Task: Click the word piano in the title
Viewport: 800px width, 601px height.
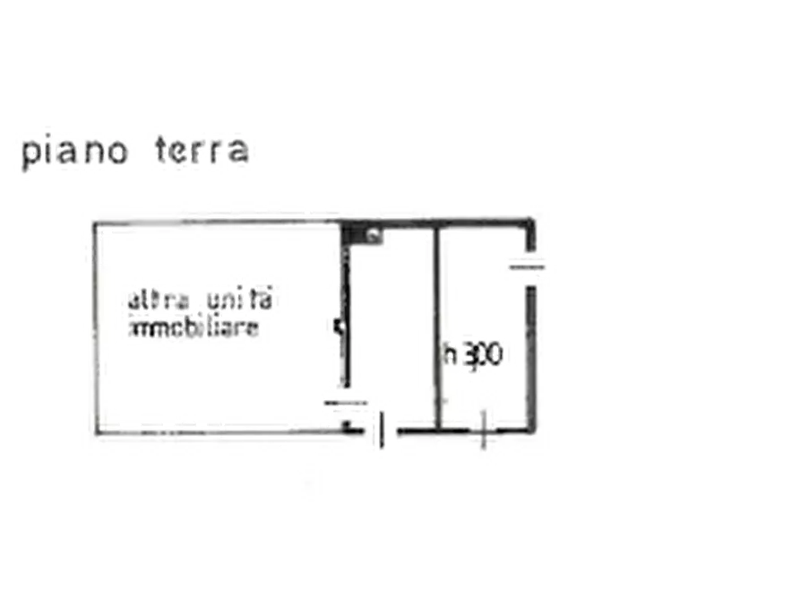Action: pos(73,154)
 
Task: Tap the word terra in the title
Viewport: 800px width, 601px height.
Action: pos(204,152)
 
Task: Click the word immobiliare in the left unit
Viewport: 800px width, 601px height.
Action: pos(195,328)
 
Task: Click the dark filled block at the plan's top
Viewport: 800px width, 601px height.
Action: pos(363,236)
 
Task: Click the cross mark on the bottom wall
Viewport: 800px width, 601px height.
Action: pos(483,433)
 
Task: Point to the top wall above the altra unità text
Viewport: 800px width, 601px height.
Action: pos(206,222)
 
